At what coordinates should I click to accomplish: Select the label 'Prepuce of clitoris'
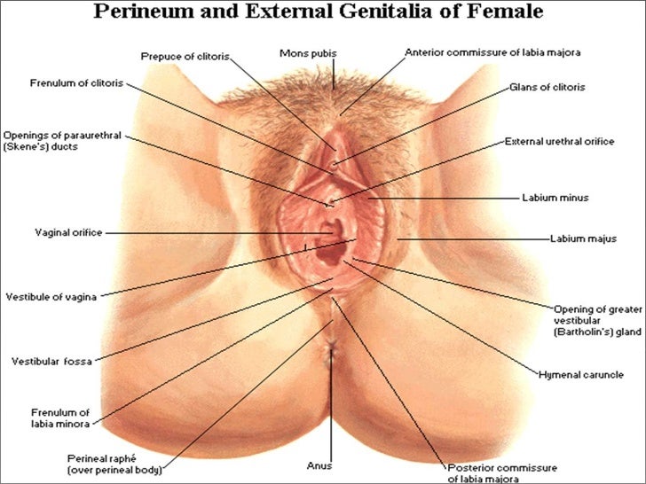coord(185,56)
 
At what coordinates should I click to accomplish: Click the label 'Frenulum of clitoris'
coord(76,84)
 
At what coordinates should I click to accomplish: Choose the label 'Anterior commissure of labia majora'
coord(492,52)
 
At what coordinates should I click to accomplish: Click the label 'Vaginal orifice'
coord(68,232)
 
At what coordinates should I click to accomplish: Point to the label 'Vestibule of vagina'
coord(52,295)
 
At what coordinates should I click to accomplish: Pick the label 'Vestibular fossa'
coord(51,361)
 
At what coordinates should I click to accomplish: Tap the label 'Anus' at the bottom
coord(319,462)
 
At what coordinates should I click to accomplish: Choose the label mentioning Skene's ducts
coord(60,142)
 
